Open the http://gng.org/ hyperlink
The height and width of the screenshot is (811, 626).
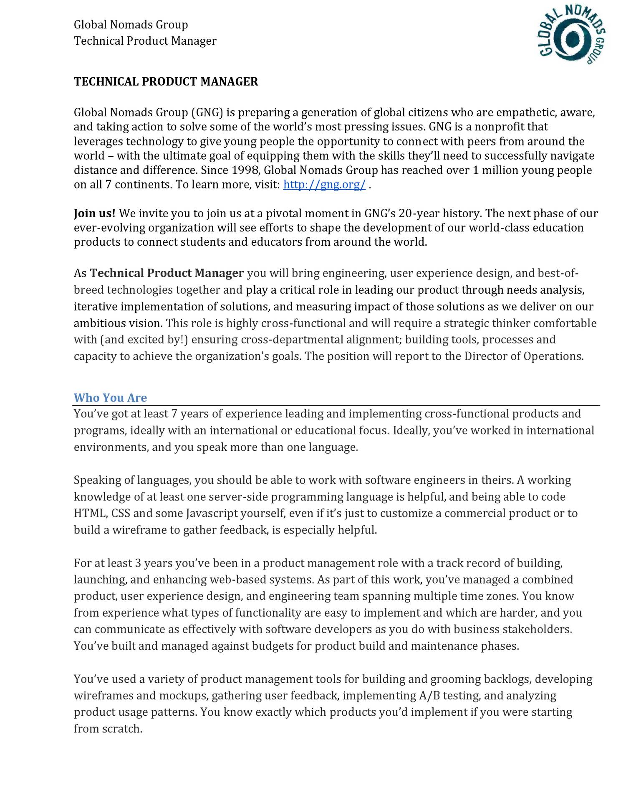click(324, 184)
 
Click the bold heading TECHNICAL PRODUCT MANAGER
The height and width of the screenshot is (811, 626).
click(166, 81)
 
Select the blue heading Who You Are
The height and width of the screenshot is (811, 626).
click(110, 397)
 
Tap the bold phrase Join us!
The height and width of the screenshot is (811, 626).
click(95, 214)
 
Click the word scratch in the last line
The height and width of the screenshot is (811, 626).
click(121, 729)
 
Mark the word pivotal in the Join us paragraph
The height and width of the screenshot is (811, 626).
click(284, 214)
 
